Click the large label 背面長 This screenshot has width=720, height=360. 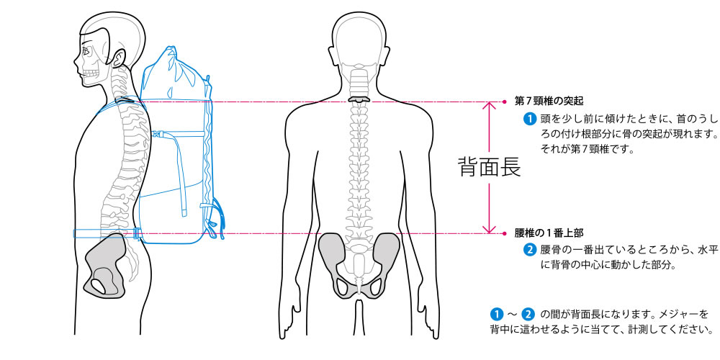pyautogui.click(x=489, y=167)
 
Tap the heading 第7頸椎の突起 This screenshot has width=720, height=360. pyautogui.click(x=549, y=102)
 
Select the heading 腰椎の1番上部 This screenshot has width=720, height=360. pyautogui.click(x=549, y=233)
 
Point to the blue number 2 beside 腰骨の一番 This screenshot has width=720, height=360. pyautogui.click(x=529, y=251)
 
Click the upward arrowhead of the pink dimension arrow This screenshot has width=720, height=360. pyautogui.click(x=490, y=107)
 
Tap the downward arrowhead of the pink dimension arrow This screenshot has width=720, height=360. pyautogui.click(x=490, y=228)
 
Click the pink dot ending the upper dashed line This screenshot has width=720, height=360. pyautogui.click(x=506, y=102)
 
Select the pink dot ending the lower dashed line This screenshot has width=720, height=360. pyautogui.click(x=506, y=233)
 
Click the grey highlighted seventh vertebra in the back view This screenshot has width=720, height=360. pyautogui.click(x=358, y=99)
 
